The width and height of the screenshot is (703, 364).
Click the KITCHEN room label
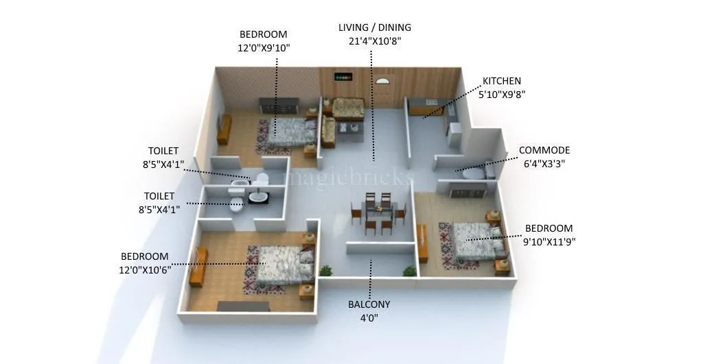pos(501,81)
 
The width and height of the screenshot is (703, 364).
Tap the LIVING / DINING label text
pos(374,28)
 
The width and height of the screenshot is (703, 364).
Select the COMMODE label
pos(544,151)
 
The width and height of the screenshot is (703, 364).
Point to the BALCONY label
pos(369,304)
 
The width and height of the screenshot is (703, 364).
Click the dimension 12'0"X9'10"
pos(264,48)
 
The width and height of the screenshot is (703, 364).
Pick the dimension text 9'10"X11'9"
pos(549,241)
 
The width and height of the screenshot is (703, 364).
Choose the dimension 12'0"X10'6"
pos(145,269)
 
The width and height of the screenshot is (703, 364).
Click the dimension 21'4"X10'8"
pos(374,41)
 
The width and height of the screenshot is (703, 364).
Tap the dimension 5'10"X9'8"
pos(502,94)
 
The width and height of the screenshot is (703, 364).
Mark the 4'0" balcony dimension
pos(369,317)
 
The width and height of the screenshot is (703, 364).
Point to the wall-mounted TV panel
pos(343,77)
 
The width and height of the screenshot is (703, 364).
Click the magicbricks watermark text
pos(349,177)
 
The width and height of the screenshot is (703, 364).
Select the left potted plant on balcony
pos(326,271)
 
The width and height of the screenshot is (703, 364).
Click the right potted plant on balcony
pos(410,271)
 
